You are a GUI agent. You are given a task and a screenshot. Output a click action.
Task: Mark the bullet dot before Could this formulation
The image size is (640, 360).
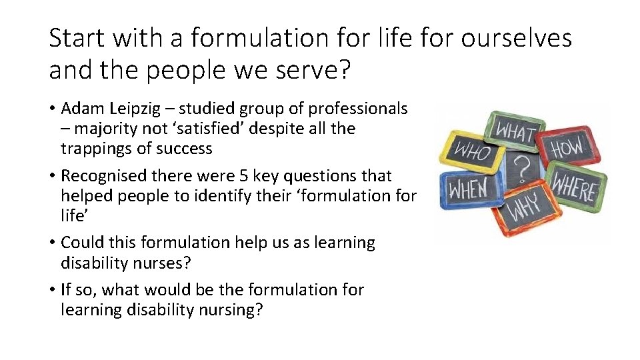tap(52, 243)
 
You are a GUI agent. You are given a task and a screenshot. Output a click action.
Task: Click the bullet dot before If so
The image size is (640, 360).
tap(52, 290)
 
